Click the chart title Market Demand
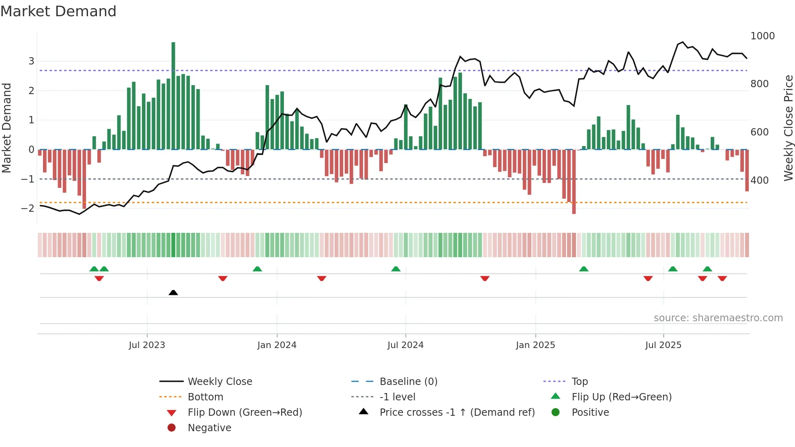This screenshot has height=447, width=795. pos(58,11)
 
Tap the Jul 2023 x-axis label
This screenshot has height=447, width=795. pos(147,345)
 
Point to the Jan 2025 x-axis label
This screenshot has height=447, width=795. pos(535,345)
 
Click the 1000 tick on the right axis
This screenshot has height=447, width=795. pos(762,36)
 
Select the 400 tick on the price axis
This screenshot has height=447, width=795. pos(759,180)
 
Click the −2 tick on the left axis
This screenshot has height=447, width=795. pos(28,208)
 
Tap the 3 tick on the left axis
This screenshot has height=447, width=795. pos(31,61)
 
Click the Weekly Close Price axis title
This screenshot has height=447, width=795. pos(788,128)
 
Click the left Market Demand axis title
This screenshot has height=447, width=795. pos(6,128)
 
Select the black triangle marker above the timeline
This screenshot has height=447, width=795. pos(173,292)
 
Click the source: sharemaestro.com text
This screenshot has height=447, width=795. pos(718,318)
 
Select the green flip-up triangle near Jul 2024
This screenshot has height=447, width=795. pos(396,269)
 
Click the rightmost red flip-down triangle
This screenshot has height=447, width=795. pos(722,278)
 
